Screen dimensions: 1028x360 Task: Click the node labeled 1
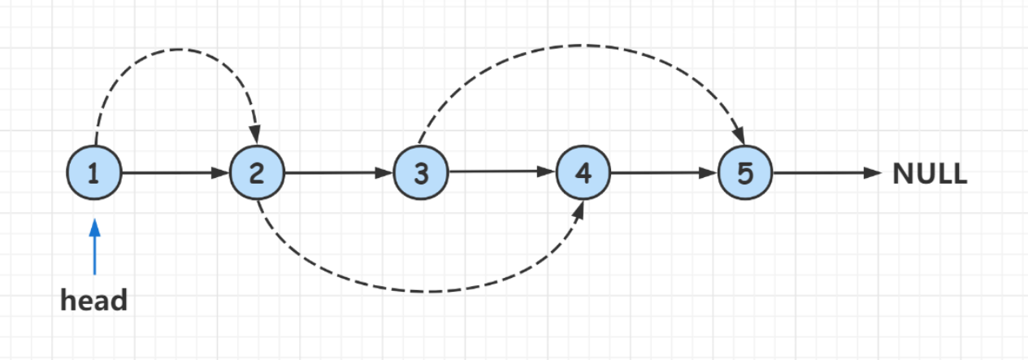click(x=94, y=173)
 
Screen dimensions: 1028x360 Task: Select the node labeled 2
click(x=257, y=173)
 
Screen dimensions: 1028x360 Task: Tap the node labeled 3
click(x=420, y=173)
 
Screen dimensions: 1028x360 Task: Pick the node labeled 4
click(x=583, y=173)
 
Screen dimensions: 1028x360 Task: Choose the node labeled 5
click(x=745, y=173)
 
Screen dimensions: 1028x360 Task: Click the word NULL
click(x=930, y=174)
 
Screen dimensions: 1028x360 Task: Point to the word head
click(x=94, y=301)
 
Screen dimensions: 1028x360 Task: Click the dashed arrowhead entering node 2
click(x=255, y=134)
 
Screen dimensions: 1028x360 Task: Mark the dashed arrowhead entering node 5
click(x=740, y=134)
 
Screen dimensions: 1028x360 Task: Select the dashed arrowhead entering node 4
click(x=579, y=210)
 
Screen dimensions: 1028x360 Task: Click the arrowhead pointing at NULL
click(x=873, y=173)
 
